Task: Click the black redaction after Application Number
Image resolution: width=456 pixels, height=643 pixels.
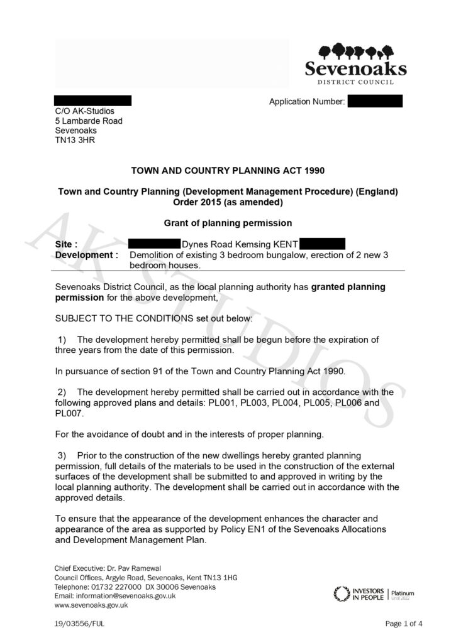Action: pos(375,101)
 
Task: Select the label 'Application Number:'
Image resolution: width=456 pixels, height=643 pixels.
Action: pos(307,102)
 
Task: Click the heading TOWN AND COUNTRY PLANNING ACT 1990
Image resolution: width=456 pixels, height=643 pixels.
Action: pos(227,171)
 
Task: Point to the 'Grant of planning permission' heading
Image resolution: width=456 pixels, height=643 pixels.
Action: pos(227,223)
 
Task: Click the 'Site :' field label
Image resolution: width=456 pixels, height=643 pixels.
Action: pos(67,244)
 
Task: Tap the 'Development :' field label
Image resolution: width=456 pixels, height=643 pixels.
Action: pos(87,256)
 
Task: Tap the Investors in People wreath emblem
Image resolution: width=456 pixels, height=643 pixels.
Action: pos(341,593)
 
